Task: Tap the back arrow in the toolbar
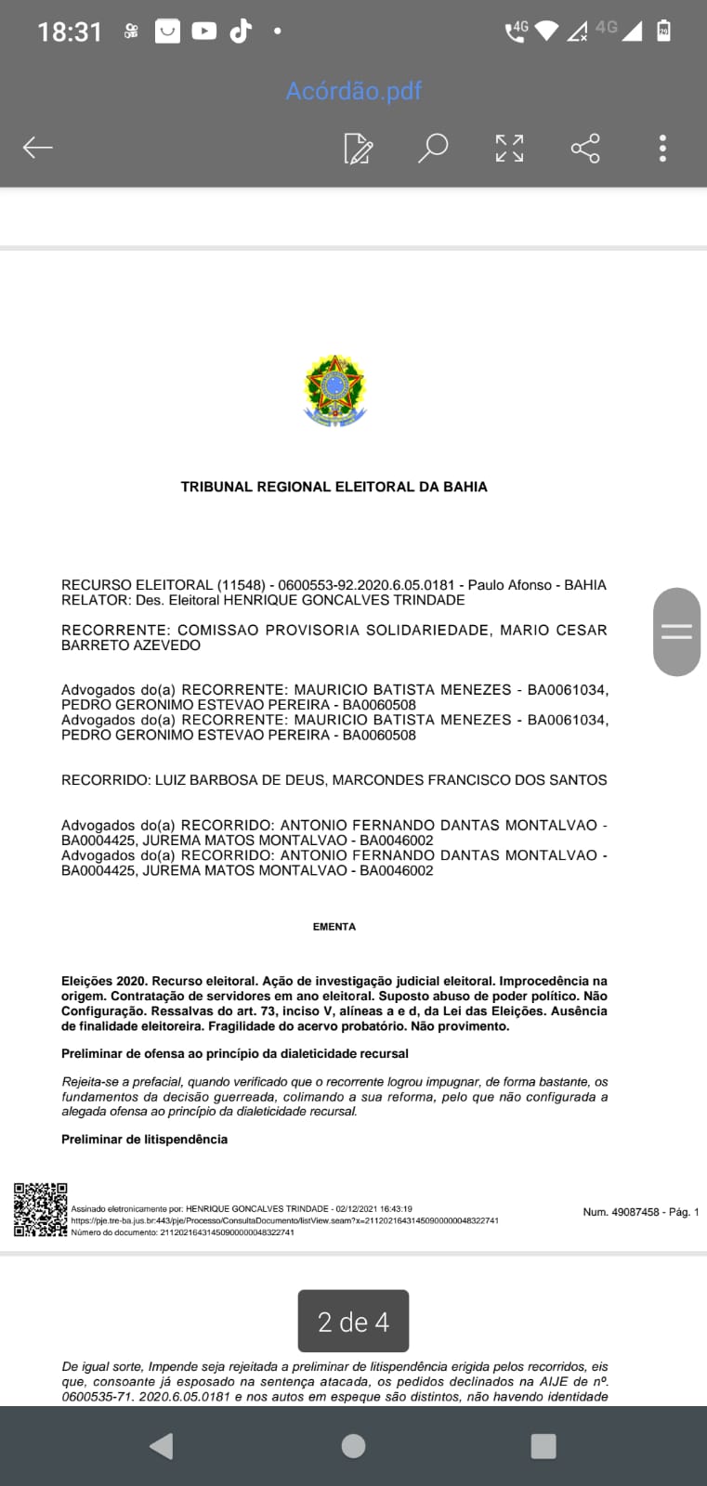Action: coord(38,148)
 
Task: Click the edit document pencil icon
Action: coord(358,149)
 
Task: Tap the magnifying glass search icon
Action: coord(433,148)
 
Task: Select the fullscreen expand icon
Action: coord(509,148)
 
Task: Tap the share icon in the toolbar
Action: coord(585,148)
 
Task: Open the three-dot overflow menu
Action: coord(662,149)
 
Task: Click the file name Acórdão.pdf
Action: coord(353,91)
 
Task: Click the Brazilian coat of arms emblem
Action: coord(334,390)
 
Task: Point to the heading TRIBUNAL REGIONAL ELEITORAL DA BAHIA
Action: coord(334,487)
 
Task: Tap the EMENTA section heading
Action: coord(334,927)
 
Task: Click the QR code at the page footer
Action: coord(41,1209)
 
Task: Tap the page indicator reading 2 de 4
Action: coord(353,1322)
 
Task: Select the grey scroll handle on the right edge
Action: coord(676,632)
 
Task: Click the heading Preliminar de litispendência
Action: coord(144,1140)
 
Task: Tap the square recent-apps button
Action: coord(543,1446)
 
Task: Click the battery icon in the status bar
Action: coord(663,31)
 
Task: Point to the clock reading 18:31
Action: coord(69,32)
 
